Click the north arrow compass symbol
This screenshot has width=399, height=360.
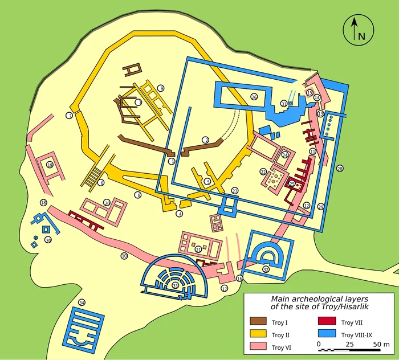click(358, 29)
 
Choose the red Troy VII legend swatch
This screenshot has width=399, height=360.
click(327, 323)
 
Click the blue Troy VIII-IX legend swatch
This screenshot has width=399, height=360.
click(327, 335)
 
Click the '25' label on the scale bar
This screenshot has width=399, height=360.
click(349, 345)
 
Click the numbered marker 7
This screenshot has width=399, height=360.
click(69, 116)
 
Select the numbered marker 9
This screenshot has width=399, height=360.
click(161, 88)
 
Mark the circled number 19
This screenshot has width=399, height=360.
click(50, 165)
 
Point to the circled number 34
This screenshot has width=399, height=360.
click(82, 302)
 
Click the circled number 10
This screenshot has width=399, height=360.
click(124, 256)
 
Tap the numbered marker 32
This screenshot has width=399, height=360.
click(266, 269)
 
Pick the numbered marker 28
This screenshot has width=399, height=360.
click(340, 169)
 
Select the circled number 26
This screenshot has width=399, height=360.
click(254, 97)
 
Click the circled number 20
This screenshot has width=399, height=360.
click(107, 202)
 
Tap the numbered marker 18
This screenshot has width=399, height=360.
click(43, 203)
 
